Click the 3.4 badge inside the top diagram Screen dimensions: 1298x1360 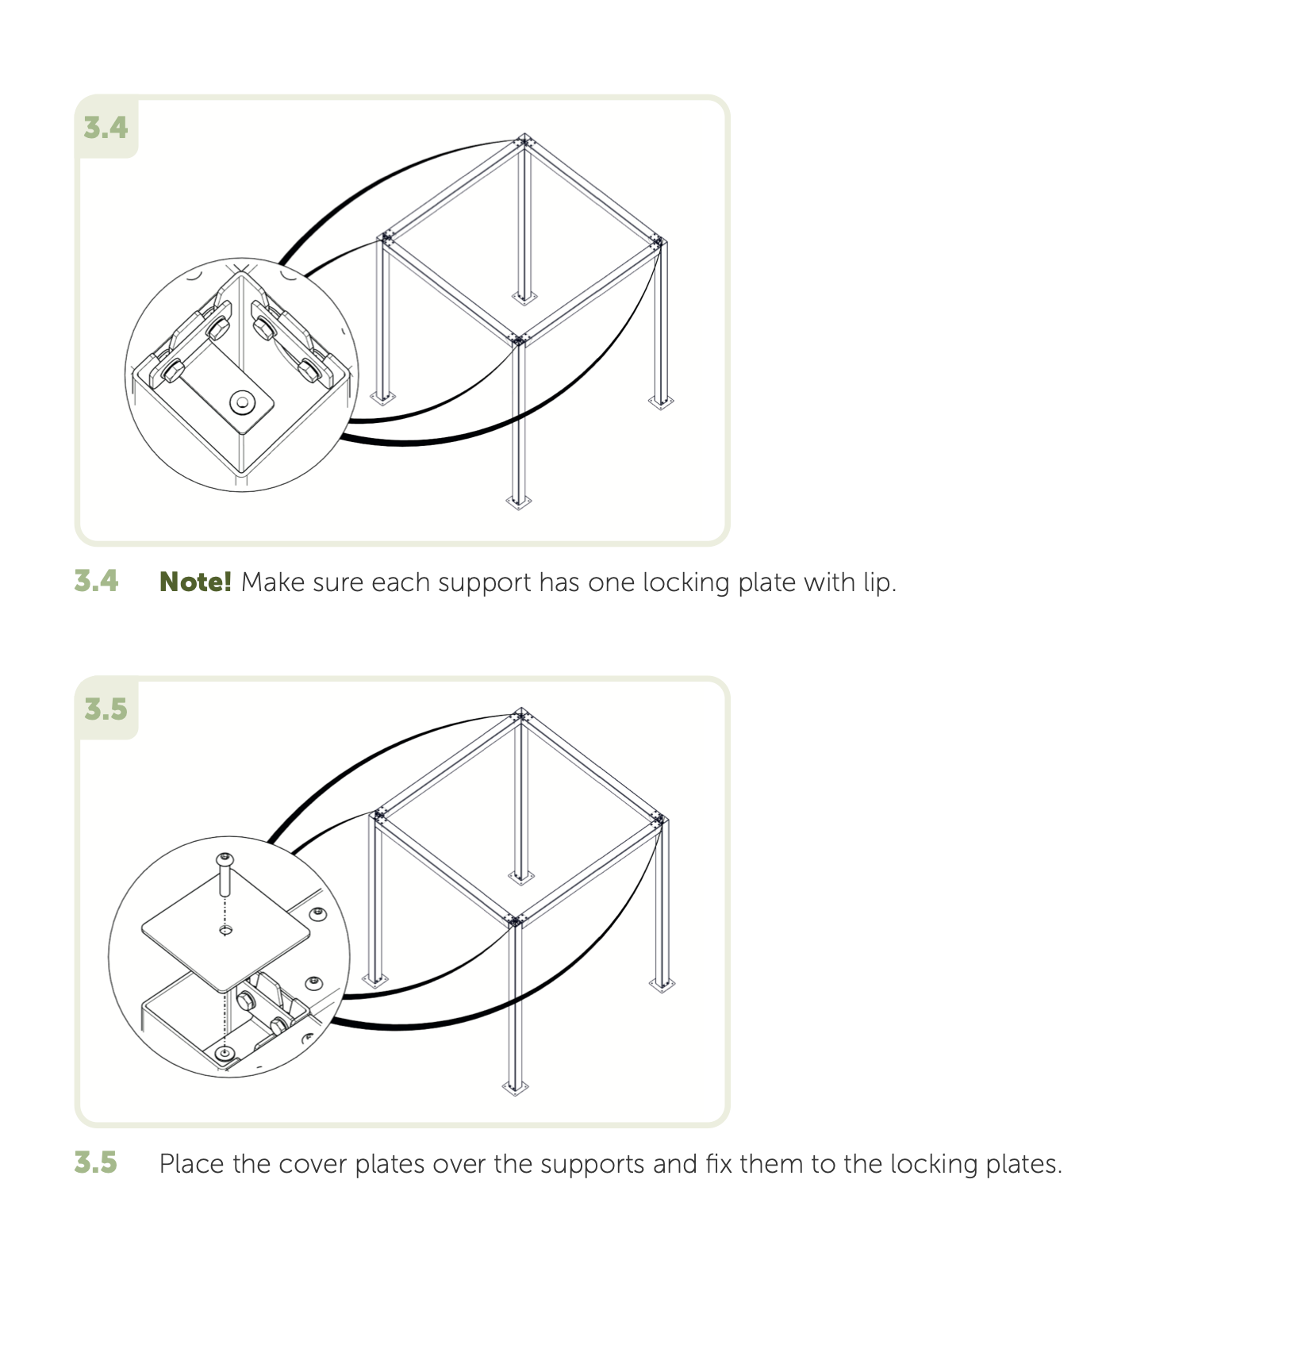point(106,128)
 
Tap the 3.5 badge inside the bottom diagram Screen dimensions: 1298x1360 point(106,709)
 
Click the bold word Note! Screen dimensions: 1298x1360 point(195,582)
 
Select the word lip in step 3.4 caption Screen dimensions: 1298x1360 point(879,583)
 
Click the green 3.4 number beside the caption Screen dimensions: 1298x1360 point(96,581)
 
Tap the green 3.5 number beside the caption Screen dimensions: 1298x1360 point(96,1163)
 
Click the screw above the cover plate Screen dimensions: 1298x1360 point(225,874)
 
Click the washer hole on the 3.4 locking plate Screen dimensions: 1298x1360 point(242,402)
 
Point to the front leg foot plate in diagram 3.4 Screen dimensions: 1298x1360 point(519,501)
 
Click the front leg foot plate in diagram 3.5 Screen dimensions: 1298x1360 point(516,1087)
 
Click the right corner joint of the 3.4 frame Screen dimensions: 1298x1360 point(659,241)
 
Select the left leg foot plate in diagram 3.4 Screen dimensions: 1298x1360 point(383,397)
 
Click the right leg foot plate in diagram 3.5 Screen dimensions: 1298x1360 point(662,985)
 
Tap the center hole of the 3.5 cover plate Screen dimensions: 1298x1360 point(225,930)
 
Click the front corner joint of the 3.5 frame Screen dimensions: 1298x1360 point(516,921)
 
